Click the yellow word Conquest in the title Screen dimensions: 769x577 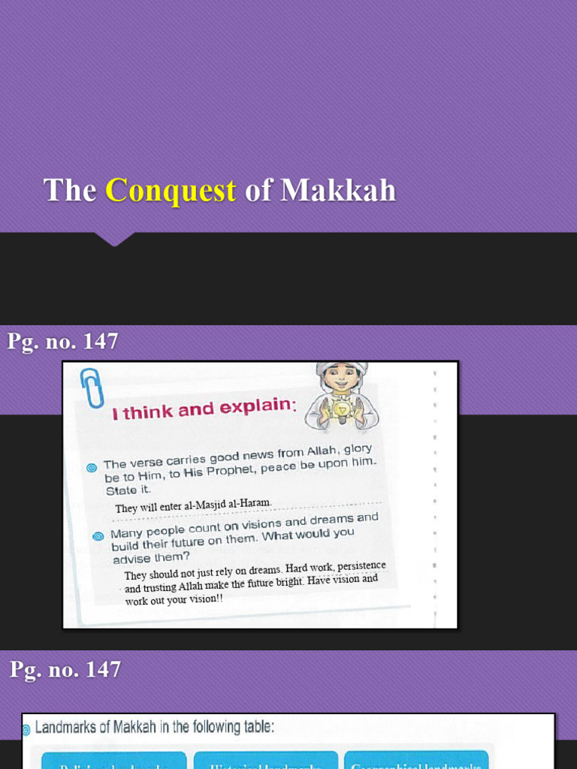click(x=171, y=191)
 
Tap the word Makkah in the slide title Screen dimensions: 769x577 click(x=338, y=191)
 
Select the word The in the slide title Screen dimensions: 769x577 click(x=70, y=191)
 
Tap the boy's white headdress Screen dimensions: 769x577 click(x=341, y=366)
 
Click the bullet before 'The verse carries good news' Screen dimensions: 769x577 click(x=92, y=467)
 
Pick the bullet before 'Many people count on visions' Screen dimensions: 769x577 click(x=97, y=536)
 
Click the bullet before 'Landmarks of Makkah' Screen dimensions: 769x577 click(x=26, y=728)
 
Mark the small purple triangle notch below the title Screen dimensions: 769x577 click(x=114, y=240)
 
